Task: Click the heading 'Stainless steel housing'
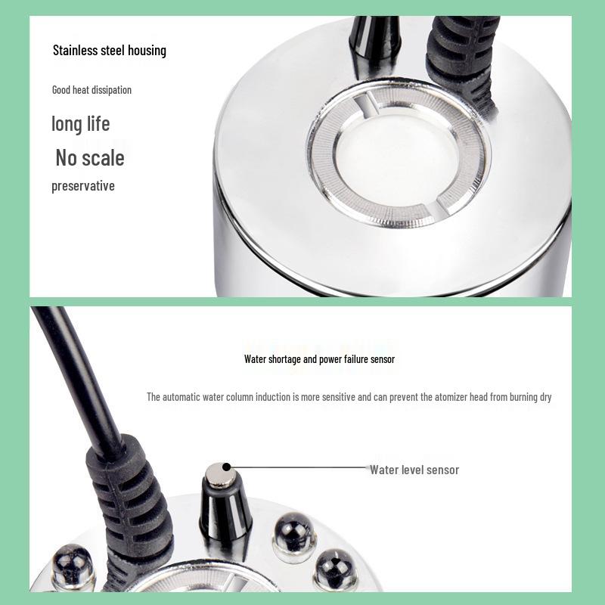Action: click(x=110, y=51)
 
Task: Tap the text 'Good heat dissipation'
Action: click(x=92, y=90)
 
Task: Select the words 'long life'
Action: click(x=81, y=123)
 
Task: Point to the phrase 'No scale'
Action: click(x=90, y=158)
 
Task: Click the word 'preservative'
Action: click(x=83, y=186)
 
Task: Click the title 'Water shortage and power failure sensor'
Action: click(x=319, y=359)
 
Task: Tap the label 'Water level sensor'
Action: click(x=414, y=470)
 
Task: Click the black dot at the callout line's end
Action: click(x=225, y=468)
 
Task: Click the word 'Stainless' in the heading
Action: click(x=77, y=51)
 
